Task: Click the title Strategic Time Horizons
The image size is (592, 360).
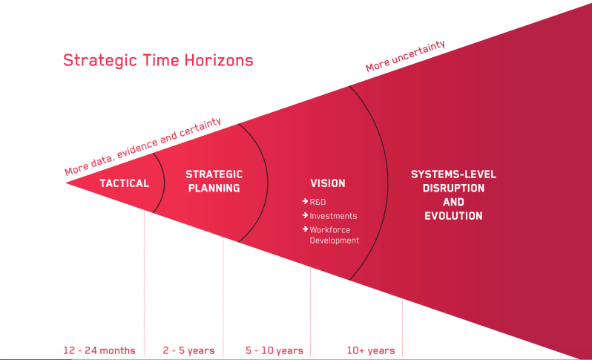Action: pos(158,60)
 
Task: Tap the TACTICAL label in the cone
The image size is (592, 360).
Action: pos(124,183)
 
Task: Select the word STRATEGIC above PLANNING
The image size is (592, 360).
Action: pos(214,174)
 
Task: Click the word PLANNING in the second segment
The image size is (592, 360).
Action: pos(214,188)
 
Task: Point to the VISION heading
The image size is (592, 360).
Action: pos(328,183)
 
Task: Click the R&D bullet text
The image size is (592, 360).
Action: pos(318,202)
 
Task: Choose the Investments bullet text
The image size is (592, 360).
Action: pos(333,216)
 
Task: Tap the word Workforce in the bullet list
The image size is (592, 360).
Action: pos(329,229)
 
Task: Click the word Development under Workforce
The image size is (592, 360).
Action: pos(334,240)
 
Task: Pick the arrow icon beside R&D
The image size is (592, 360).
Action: pos(305,201)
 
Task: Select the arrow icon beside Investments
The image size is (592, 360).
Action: pos(305,215)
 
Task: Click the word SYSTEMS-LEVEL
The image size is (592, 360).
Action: pos(453,174)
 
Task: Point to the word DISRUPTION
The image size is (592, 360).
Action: pos(453,188)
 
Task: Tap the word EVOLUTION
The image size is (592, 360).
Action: pos(453,216)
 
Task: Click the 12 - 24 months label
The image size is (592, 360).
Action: pos(99,350)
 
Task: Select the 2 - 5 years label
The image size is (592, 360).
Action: pos(188,350)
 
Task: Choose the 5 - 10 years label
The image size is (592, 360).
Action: pos(274,350)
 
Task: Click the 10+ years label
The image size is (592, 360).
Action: pos(371,350)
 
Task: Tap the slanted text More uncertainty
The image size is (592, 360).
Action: pos(405,56)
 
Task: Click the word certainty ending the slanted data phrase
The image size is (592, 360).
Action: pos(200,128)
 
